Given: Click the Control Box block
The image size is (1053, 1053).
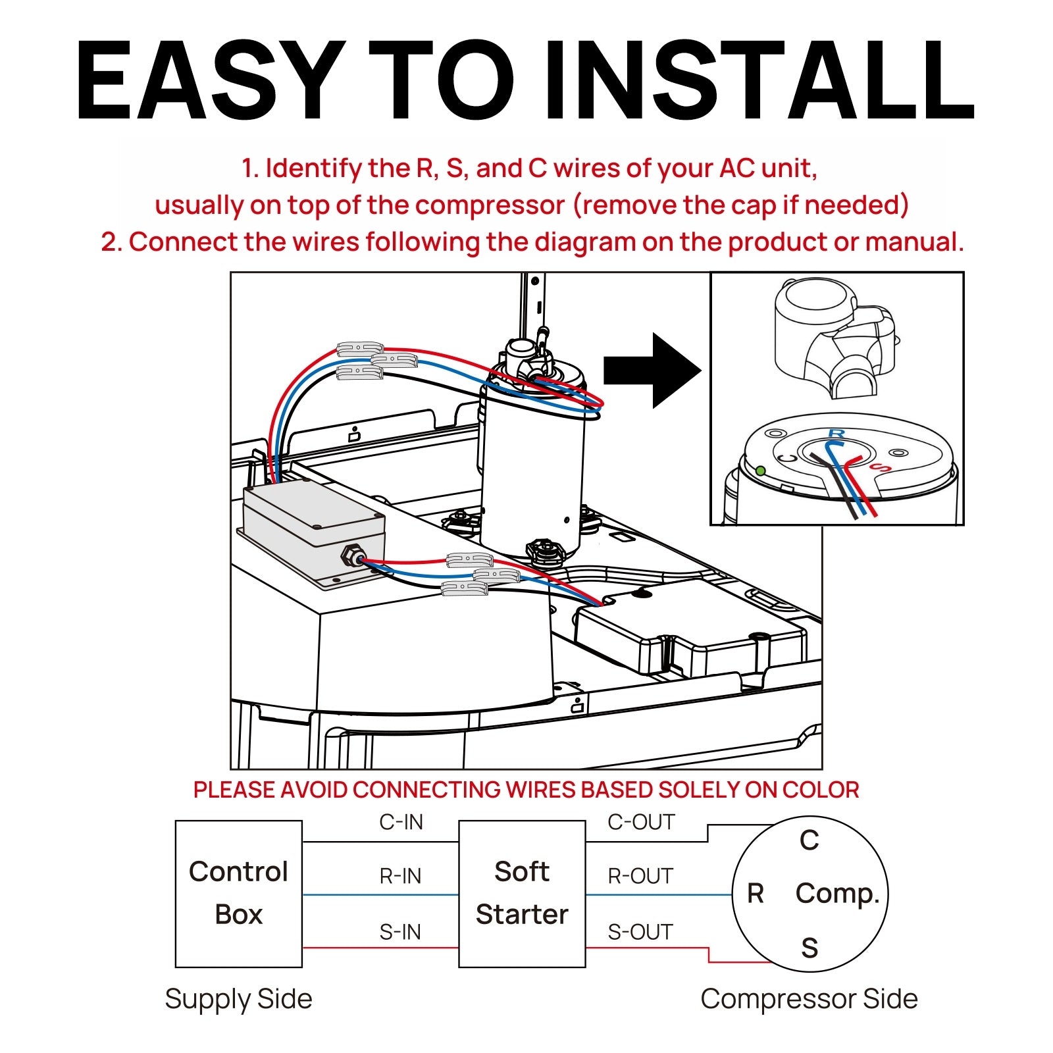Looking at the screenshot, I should pyautogui.click(x=238, y=893).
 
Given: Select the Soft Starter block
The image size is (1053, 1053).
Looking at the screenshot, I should pyautogui.click(x=522, y=893).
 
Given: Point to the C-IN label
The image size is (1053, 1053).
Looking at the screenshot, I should pyautogui.click(x=401, y=822).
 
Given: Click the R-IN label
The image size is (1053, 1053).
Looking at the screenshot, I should pyautogui.click(x=400, y=876).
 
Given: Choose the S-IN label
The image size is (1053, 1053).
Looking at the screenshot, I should pyautogui.click(x=400, y=932).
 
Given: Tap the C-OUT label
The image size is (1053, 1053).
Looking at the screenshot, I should pyautogui.click(x=641, y=822).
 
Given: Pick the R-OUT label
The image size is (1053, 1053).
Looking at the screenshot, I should pyautogui.click(x=640, y=876).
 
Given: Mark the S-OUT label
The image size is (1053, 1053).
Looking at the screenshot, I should pyautogui.click(x=640, y=932).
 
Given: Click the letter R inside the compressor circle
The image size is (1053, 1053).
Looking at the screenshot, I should pyautogui.click(x=756, y=893).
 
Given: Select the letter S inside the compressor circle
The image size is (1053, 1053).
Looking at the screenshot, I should pyautogui.click(x=809, y=948).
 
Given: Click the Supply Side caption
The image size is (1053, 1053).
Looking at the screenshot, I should pyautogui.click(x=238, y=998).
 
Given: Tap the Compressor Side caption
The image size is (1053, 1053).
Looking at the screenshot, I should pyautogui.click(x=809, y=998).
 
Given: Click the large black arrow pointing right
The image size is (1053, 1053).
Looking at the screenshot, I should pyautogui.click(x=652, y=371).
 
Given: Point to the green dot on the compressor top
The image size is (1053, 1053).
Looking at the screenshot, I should pyautogui.click(x=761, y=471).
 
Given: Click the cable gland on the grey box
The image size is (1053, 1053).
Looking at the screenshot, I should pyautogui.click(x=351, y=556).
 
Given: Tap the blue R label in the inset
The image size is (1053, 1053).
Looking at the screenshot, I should pyautogui.click(x=836, y=433).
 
